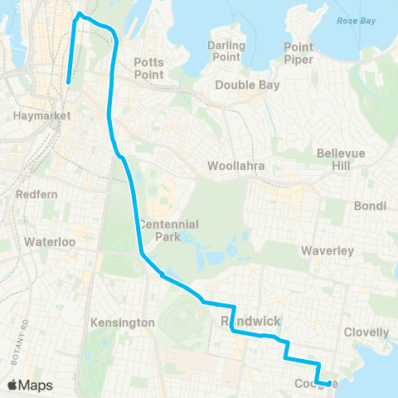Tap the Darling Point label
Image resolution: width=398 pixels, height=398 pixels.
tap(226, 51)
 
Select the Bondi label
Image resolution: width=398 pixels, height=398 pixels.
tap(365, 205)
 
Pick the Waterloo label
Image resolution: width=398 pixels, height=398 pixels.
tap(50, 241)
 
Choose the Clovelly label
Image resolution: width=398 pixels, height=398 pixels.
tap(366, 332)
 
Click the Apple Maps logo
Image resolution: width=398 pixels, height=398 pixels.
tap(30, 385)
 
